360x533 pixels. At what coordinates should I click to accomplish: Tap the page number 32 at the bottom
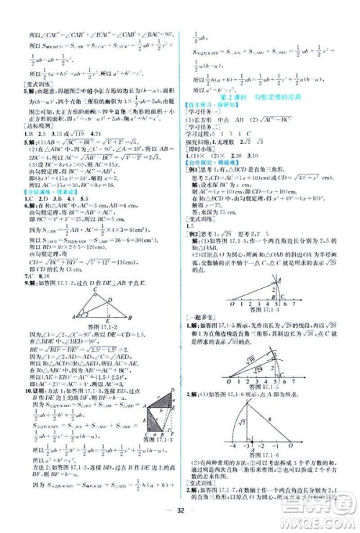(x=181, y=515)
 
